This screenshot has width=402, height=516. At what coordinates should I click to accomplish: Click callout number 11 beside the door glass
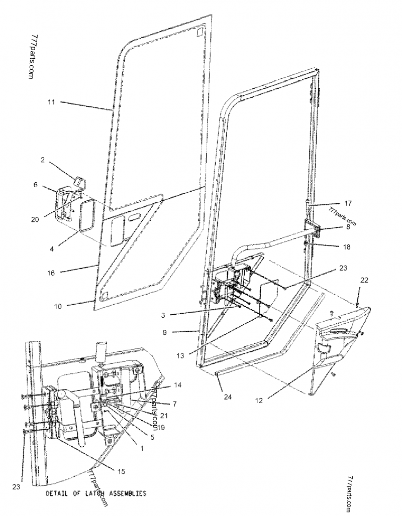(51, 102)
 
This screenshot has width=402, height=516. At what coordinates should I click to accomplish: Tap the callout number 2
(43, 160)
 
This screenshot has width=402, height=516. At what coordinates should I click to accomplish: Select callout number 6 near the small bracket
(36, 185)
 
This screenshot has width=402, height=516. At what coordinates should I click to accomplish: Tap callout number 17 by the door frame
(348, 203)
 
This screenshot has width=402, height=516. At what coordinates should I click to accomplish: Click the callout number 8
(348, 226)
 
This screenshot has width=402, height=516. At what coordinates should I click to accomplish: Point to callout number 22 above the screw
(364, 280)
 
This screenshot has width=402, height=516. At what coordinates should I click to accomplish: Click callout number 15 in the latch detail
(122, 471)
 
